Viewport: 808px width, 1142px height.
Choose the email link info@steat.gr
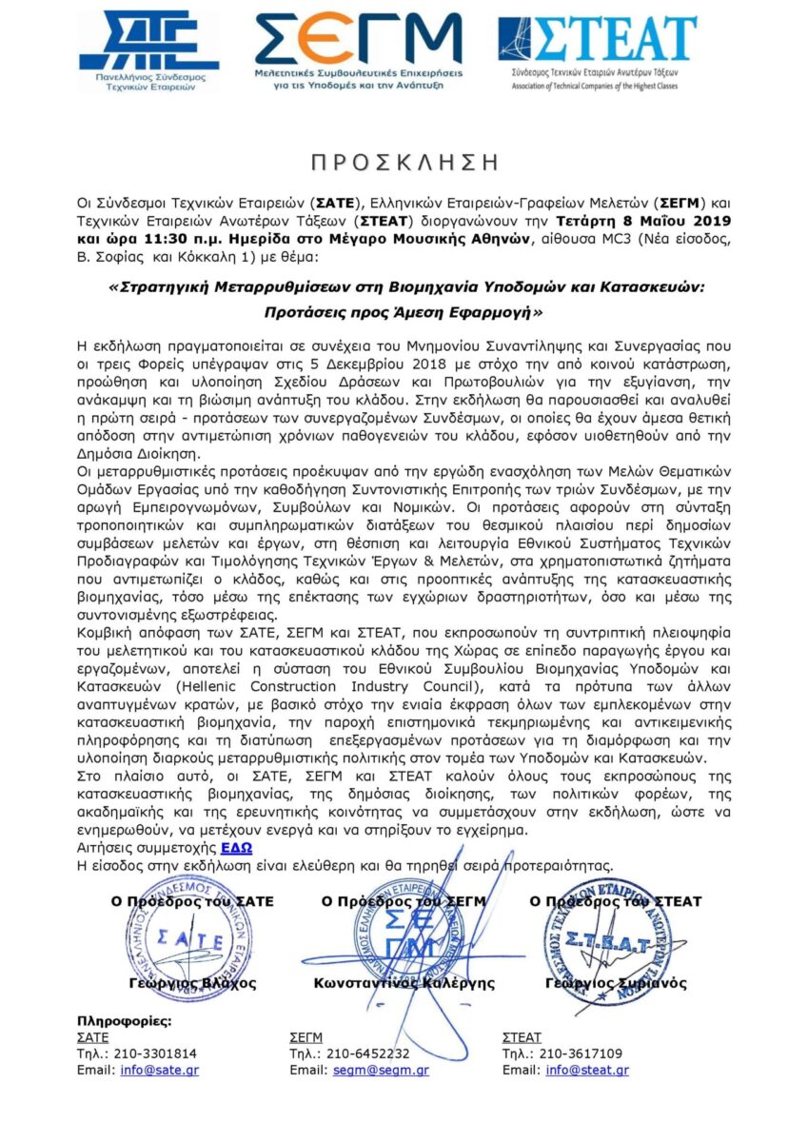[x=586, y=1070]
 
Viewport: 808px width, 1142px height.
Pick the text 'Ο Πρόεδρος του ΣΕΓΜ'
[x=404, y=901]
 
